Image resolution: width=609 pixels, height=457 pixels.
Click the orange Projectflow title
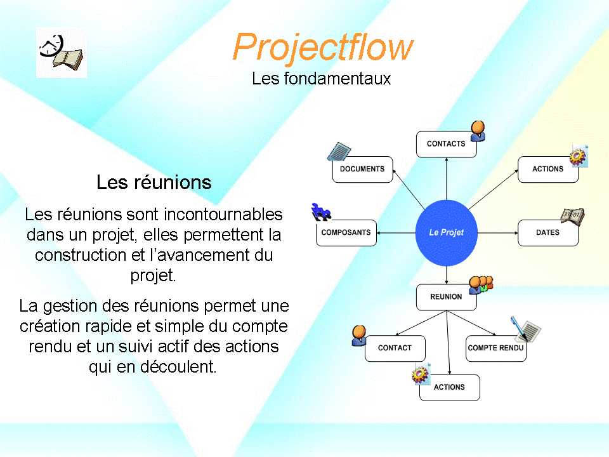(x=323, y=48)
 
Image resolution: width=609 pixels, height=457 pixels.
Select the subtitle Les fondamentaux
(x=321, y=79)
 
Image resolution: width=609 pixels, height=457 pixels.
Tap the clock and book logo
(x=62, y=53)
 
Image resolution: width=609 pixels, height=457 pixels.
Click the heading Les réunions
(x=154, y=182)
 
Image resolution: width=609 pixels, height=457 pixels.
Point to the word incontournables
(x=223, y=214)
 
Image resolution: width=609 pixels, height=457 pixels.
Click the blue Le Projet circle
(x=446, y=233)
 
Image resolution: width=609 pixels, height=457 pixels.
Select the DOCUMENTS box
(x=362, y=169)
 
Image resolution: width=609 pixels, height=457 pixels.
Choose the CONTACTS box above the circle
(x=446, y=144)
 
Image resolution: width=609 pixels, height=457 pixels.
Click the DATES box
(x=548, y=233)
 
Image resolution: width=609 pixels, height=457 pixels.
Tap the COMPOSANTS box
(x=346, y=233)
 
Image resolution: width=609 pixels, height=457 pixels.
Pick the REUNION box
(x=446, y=297)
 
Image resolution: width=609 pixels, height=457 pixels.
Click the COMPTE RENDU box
(x=496, y=348)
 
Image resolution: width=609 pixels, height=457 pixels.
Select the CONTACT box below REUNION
(x=395, y=348)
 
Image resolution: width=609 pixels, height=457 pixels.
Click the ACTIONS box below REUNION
(x=449, y=387)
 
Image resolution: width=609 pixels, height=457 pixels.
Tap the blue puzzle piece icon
(x=321, y=212)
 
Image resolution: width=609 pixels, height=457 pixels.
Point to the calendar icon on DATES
(x=573, y=216)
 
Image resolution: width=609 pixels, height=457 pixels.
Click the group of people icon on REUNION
(x=481, y=285)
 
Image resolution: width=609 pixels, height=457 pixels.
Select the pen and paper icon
(x=525, y=329)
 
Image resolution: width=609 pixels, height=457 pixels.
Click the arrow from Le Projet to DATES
(x=498, y=233)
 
